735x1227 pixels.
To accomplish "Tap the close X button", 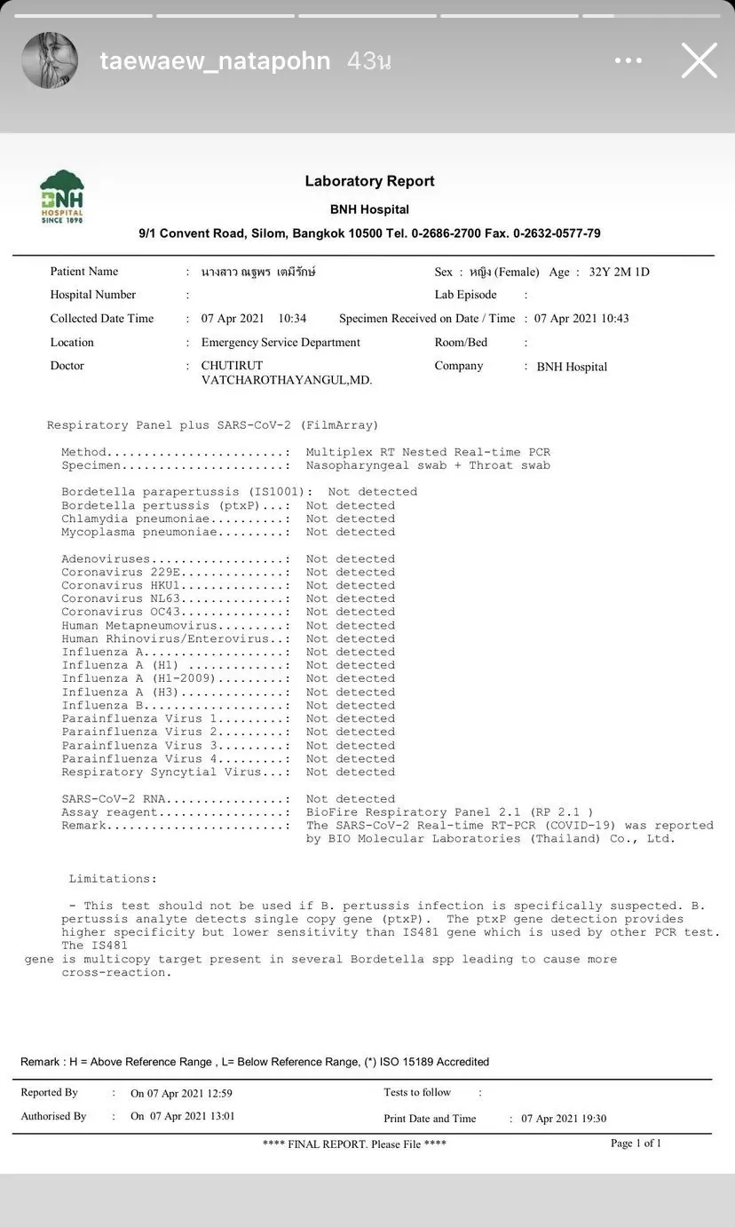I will pos(699,61).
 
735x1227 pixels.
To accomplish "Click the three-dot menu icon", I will pos(628,61).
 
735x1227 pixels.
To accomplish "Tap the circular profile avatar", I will pos(50,60).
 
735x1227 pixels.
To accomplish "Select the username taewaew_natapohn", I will pos(215,61).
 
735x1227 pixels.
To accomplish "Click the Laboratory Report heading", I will pos(369,181).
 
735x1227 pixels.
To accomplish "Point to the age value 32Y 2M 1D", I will pos(619,273).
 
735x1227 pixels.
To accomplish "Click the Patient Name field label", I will pos(84,272).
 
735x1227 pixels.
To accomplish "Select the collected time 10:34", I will pos(292,319).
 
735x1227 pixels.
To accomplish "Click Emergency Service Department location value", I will pos(281,343).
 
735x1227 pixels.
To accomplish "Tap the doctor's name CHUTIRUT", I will pos(232,366).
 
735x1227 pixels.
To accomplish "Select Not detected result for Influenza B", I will pos(350,706).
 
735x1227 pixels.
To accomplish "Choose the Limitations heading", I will pos(113,879).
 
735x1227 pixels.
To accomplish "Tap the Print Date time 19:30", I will pos(591,1119).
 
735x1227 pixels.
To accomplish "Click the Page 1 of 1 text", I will pos(636,1144).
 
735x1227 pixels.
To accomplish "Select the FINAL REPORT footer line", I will pos(354,1144).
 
